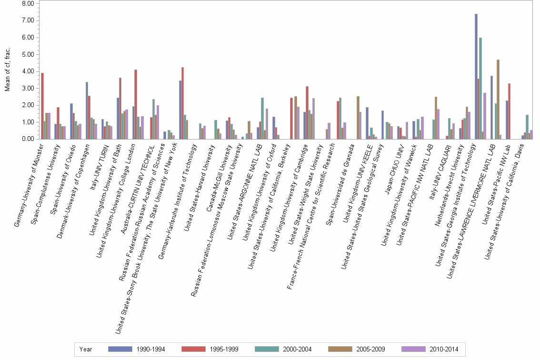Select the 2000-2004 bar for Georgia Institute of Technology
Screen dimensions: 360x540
(x=480, y=88)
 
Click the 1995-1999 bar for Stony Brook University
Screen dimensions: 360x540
(x=182, y=103)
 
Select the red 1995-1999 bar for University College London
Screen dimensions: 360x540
(x=136, y=104)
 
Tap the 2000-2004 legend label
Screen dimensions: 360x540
(x=296, y=350)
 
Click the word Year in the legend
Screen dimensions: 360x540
(x=86, y=350)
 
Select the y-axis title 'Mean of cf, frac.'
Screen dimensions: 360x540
(x=7, y=71)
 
